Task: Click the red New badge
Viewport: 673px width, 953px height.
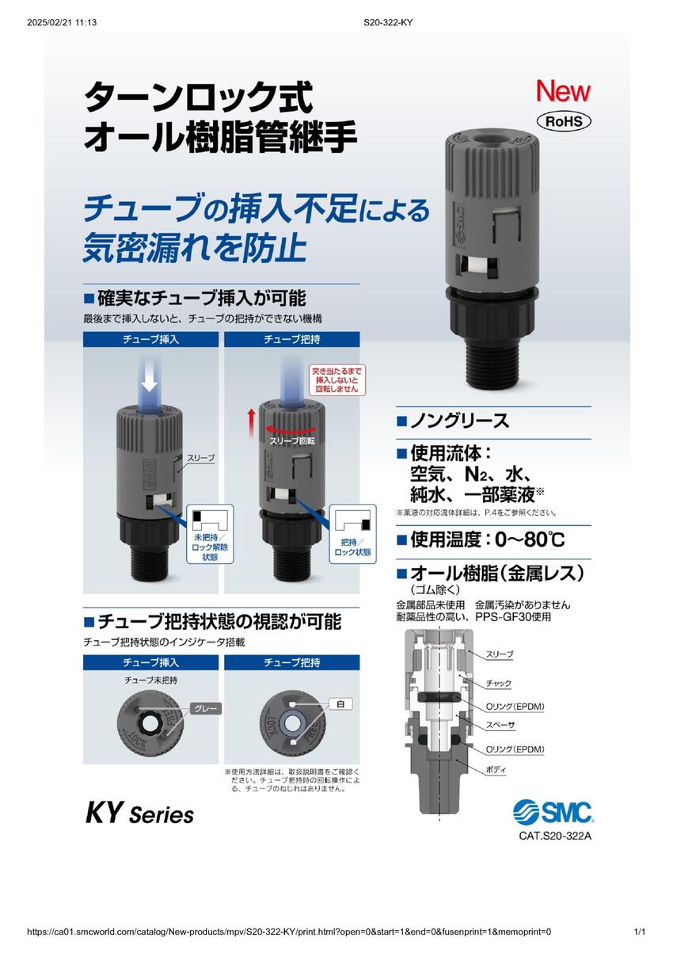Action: click(563, 90)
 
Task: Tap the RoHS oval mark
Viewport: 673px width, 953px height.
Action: click(563, 122)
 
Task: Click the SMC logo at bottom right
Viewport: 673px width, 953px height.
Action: click(553, 812)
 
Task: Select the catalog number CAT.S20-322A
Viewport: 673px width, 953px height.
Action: click(555, 836)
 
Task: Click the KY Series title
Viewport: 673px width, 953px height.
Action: click(139, 814)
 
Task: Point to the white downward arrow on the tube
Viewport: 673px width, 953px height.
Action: click(150, 381)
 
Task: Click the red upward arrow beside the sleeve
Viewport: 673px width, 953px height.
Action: click(252, 422)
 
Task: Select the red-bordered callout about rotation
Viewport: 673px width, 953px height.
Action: click(336, 380)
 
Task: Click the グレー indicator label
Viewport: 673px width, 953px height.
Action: click(206, 709)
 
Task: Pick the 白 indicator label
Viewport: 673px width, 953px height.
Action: click(340, 704)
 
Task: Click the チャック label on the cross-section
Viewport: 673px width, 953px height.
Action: click(499, 684)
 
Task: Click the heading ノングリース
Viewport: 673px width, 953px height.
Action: click(459, 421)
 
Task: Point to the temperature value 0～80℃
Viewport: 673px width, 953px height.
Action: click(530, 540)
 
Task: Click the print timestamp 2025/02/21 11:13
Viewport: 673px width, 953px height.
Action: click(62, 22)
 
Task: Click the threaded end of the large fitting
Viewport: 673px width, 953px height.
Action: click(493, 364)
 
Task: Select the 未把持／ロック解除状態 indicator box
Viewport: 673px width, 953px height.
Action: click(210, 533)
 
